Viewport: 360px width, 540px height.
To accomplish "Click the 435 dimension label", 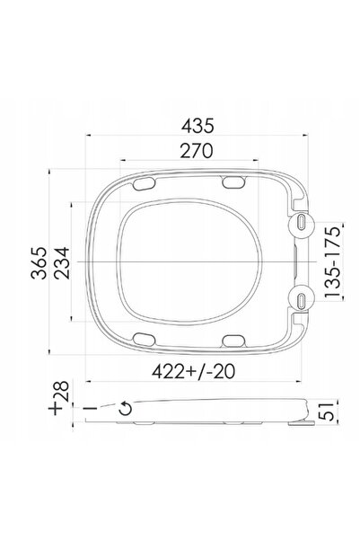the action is pyautogui.click(x=198, y=126).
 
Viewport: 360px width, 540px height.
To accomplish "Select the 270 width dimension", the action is pyautogui.click(x=197, y=151).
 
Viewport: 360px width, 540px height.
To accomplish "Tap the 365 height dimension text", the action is pyautogui.click(x=39, y=262).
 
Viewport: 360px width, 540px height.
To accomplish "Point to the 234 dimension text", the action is pyautogui.click(x=62, y=262).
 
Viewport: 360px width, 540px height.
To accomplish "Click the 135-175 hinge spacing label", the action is pyautogui.click(x=333, y=261).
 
